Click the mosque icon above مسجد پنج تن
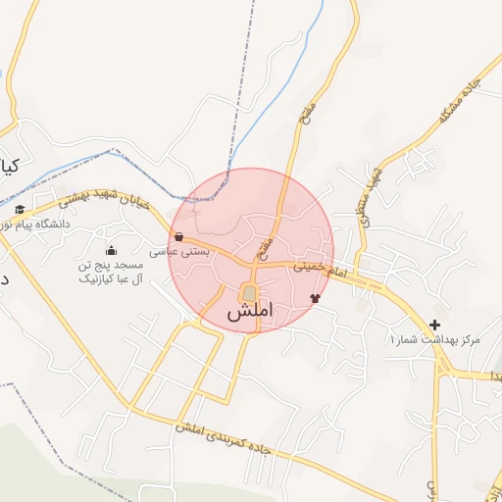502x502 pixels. (110, 250)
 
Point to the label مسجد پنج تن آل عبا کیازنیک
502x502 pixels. (110, 272)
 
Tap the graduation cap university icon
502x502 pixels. (20, 210)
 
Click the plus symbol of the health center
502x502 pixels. (434, 325)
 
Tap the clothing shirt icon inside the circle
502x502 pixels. (315, 298)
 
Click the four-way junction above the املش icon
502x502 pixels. (253, 264)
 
